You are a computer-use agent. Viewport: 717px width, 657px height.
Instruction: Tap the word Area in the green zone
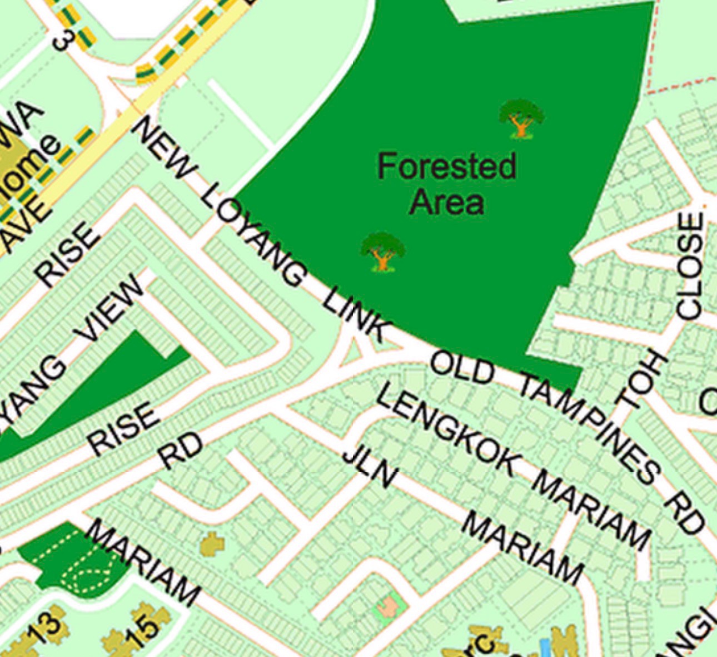click(447, 201)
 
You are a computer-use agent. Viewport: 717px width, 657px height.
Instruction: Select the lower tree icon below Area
click(382, 251)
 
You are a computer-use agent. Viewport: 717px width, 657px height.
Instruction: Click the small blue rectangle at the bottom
click(546, 648)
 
